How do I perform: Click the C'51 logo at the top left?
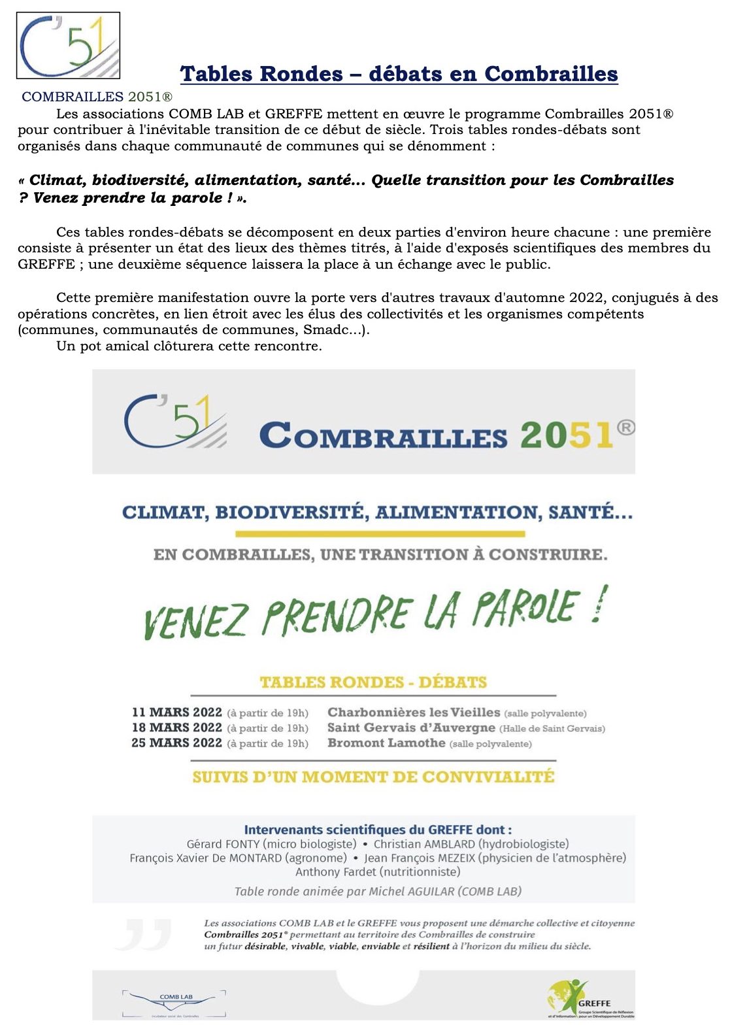68,45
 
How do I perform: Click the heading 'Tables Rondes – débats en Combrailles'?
399,74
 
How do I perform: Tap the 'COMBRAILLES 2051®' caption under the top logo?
97,97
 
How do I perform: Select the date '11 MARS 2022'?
176,713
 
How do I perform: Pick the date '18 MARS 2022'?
176,728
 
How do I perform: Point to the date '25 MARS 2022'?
176,743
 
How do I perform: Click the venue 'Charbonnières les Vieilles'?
413,713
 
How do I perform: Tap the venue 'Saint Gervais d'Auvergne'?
411,728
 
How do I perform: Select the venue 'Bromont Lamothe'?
386,743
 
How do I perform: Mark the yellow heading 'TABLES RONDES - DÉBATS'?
373,682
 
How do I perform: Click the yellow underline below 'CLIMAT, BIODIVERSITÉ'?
380,534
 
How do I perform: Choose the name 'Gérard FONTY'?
223,844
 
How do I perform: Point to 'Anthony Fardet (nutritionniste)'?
378,871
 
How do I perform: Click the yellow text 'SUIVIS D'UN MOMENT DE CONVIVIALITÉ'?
373,777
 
